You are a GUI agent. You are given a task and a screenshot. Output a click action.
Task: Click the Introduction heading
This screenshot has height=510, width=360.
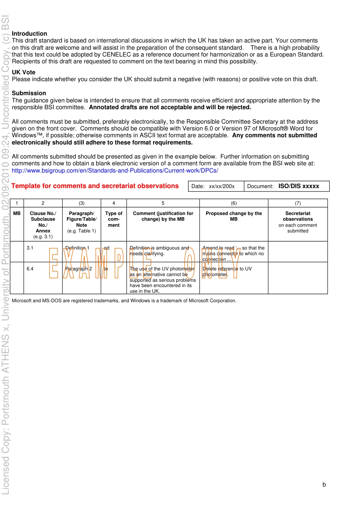[30, 34]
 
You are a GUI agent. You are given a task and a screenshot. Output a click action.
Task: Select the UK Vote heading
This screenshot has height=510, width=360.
[23, 72]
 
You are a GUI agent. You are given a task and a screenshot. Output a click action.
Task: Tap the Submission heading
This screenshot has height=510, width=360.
[29, 93]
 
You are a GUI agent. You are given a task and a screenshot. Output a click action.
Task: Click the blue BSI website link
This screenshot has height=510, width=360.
[115, 171]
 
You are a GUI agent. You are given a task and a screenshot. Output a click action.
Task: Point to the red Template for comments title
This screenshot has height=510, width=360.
[95, 186]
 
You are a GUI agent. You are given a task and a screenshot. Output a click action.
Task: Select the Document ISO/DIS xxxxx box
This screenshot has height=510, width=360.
[286, 186]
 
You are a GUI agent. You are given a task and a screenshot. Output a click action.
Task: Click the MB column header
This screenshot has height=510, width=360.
[17, 213]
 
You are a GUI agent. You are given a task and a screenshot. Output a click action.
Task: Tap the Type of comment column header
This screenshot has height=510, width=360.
[114, 219]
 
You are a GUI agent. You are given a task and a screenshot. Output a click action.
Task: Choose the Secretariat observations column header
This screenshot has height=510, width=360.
[297, 222]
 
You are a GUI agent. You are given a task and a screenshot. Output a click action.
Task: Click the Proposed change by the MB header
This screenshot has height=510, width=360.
[234, 216]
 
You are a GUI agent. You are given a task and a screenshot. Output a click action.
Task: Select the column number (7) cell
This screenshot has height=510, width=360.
[297, 203]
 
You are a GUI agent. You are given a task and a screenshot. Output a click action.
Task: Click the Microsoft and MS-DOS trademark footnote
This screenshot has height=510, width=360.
[124, 301]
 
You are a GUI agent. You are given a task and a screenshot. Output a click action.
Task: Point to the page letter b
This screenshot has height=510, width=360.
[324, 485]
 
